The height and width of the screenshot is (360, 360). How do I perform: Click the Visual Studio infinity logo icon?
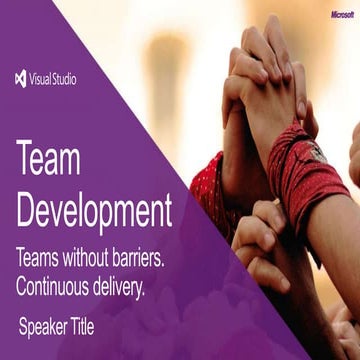pyautogui.click(x=22, y=78)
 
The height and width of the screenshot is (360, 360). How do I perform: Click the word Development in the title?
pyautogui.click(x=95, y=210)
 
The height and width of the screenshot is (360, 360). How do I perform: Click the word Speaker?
pyautogui.click(x=46, y=327)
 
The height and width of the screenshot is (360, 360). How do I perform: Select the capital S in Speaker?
pyautogui.click(x=23, y=326)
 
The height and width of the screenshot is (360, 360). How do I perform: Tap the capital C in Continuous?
pyautogui.click(x=22, y=286)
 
